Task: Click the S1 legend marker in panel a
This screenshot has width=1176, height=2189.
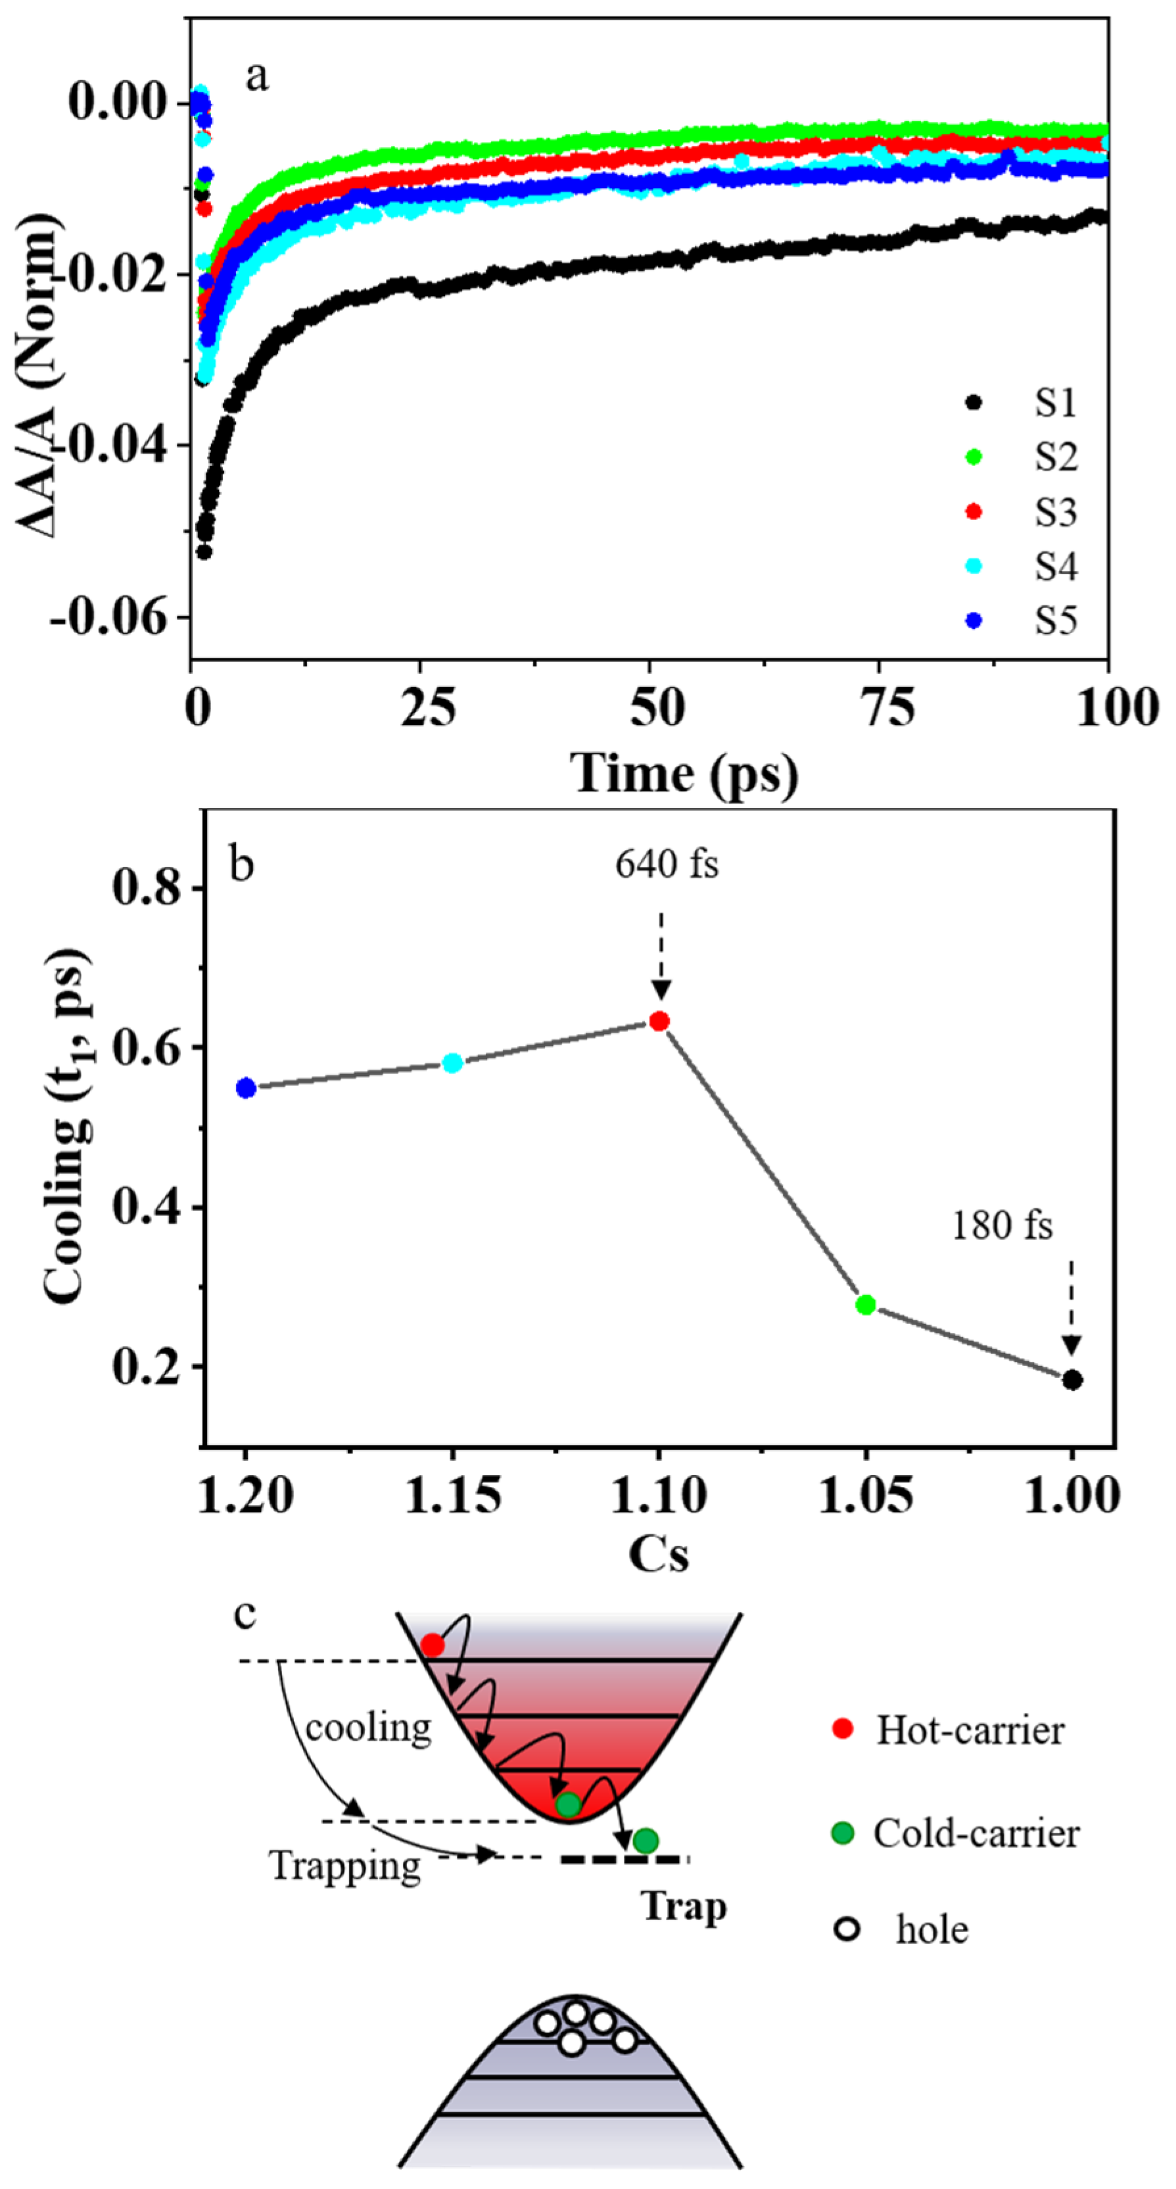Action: pos(974,402)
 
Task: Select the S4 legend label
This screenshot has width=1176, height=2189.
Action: pos(1055,566)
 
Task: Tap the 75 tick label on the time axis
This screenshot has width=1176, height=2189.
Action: pos(889,707)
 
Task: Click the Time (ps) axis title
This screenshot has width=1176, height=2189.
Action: pos(684,773)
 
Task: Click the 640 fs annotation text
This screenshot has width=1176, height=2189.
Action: pos(667,864)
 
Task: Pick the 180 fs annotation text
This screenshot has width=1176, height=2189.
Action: pos(1001,1225)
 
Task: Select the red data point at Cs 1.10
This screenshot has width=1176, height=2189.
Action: pos(659,1021)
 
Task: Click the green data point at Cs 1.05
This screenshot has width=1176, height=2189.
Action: pos(866,1304)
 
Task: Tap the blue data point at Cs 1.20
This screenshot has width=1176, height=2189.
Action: pos(247,1088)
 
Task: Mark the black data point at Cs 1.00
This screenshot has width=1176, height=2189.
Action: pos(1072,1380)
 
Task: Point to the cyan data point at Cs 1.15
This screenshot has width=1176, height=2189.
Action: pos(453,1063)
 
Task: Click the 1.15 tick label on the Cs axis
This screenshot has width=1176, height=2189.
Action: pos(453,1495)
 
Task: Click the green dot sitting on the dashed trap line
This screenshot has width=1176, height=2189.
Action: pos(646,1841)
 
